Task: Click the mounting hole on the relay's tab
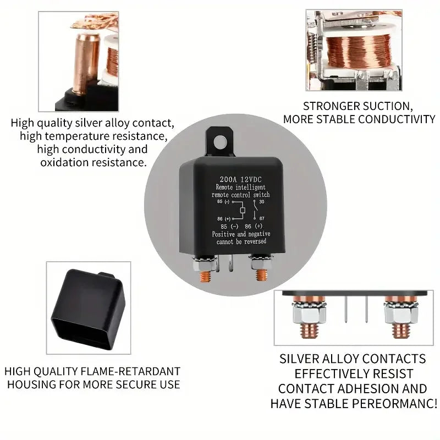[x=220, y=142]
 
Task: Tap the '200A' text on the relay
[x=228, y=179]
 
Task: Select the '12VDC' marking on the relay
[x=251, y=179]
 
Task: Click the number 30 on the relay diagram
[x=262, y=201]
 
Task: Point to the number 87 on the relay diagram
[x=262, y=218]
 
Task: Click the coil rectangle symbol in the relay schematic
[x=243, y=210]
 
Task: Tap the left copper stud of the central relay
[x=205, y=276]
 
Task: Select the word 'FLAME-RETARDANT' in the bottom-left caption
[x=130, y=371]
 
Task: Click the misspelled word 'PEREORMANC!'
[x=394, y=404]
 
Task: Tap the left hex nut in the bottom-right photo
[x=310, y=314]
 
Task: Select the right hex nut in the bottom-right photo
[x=401, y=314]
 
